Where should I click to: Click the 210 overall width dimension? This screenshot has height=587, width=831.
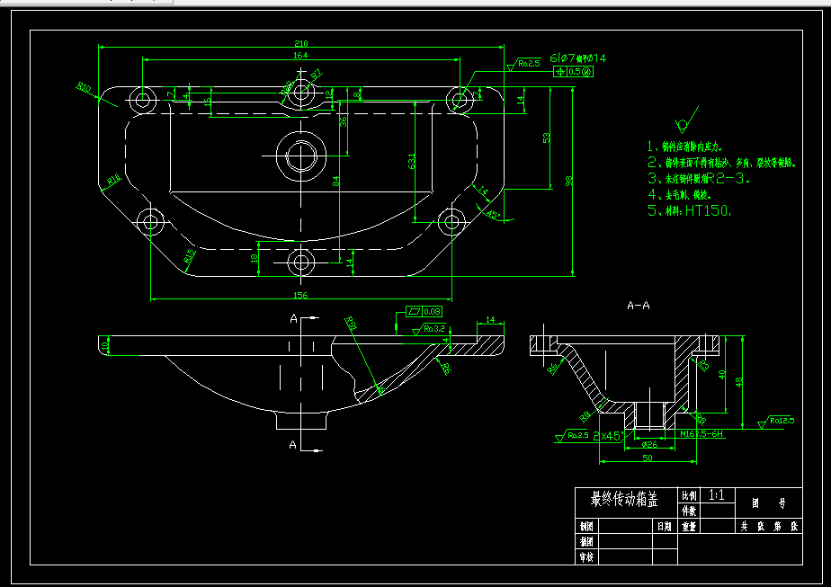point(300,43)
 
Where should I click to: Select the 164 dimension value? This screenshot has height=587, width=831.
point(300,56)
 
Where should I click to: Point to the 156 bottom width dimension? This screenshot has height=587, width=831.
point(300,295)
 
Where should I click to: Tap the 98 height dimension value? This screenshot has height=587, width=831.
point(568,182)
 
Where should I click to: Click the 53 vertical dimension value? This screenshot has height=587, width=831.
point(546,137)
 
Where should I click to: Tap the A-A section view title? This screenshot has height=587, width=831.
point(638,306)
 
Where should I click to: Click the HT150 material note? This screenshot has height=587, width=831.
point(708,211)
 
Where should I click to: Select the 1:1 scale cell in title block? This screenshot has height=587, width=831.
point(718,495)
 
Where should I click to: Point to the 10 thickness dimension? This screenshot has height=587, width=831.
point(104,345)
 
